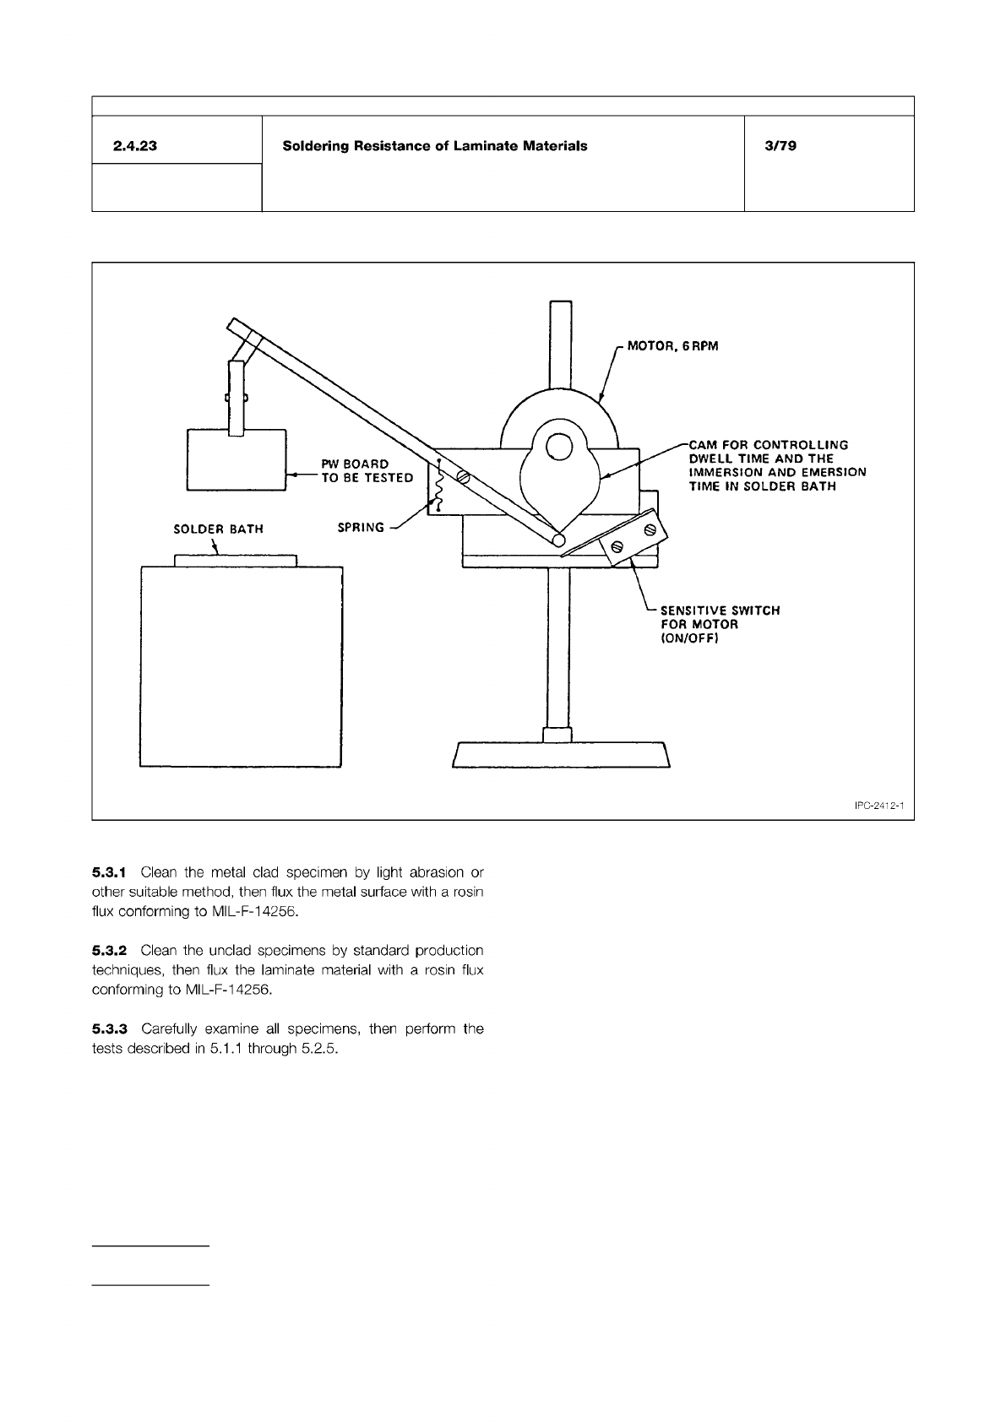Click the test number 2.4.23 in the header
coord(135,146)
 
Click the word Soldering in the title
coord(317,146)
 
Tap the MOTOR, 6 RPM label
coord(672,347)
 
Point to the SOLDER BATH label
coord(218,529)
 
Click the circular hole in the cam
coord(558,447)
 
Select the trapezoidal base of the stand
coord(561,755)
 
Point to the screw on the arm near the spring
coord(463,476)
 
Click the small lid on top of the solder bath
coord(236,560)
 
